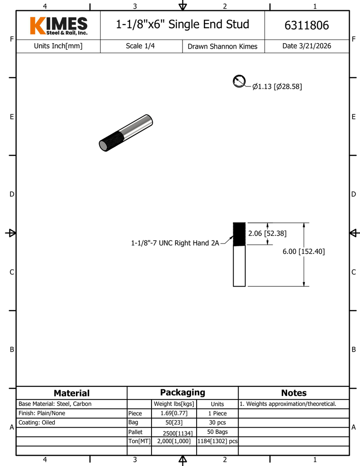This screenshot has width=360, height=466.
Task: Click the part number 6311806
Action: tap(306, 25)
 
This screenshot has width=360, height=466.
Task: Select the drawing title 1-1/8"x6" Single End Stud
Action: tap(183, 24)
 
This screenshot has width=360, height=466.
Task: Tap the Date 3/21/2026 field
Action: tap(306, 46)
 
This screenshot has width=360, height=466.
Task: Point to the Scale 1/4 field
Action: tap(140, 46)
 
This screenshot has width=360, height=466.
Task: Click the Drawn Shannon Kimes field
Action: tap(222, 46)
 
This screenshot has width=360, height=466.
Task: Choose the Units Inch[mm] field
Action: tap(58, 46)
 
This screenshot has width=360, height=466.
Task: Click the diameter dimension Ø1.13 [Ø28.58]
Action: tap(277, 86)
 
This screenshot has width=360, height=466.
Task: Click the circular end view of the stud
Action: tap(239, 81)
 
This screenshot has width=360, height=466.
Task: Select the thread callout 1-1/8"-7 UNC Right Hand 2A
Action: tap(174, 243)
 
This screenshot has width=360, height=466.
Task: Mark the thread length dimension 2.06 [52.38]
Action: tap(267, 233)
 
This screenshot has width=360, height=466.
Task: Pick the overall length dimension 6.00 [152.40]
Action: tap(304, 251)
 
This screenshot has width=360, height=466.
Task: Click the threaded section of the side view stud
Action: tap(239, 234)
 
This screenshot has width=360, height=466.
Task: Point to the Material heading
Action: tap(71, 393)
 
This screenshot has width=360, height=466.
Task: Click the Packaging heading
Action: tap(183, 392)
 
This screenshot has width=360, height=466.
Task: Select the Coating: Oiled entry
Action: tap(37, 422)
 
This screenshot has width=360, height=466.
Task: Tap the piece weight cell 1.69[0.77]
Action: tap(174, 413)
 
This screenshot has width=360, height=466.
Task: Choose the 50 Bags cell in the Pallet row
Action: tap(217, 431)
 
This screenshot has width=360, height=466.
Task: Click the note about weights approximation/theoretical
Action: tap(288, 404)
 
